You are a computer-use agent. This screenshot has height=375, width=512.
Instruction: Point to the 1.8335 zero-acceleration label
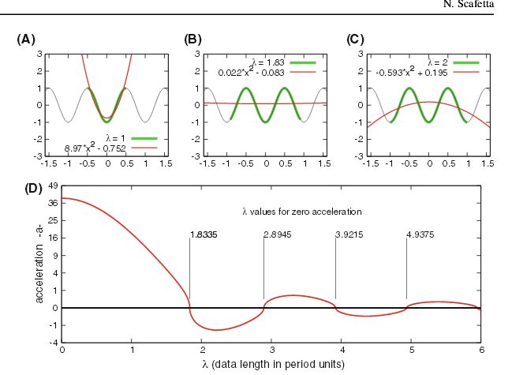(x=204, y=234)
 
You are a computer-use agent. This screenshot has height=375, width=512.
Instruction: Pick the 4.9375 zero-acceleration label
(x=420, y=234)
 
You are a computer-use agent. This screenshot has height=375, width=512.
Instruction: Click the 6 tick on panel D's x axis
(x=480, y=350)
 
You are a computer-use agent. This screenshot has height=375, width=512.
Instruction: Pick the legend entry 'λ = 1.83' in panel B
(x=268, y=62)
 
